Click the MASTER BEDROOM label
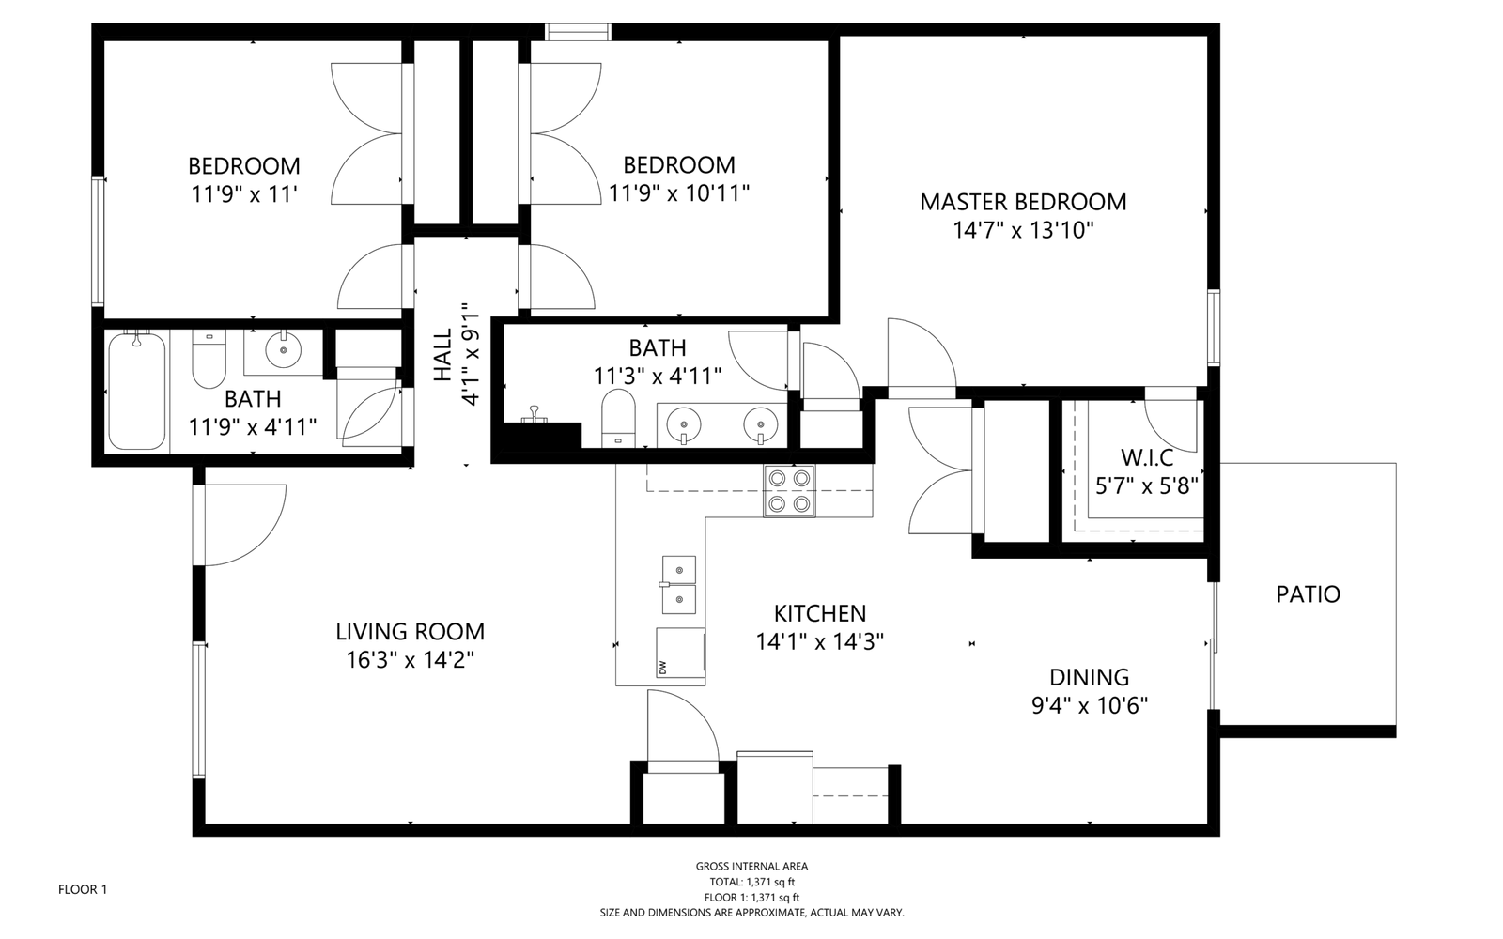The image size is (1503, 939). (x=1023, y=202)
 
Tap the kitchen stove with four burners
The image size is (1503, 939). (x=789, y=491)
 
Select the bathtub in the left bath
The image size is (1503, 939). (x=137, y=391)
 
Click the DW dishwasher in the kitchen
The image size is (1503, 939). (x=680, y=652)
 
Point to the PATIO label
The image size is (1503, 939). (x=1308, y=594)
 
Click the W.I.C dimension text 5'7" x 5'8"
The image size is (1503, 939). (x=1147, y=486)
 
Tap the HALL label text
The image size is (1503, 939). (x=442, y=355)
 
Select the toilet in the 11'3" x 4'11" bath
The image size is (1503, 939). (x=618, y=417)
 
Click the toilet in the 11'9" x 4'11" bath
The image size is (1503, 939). (x=209, y=360)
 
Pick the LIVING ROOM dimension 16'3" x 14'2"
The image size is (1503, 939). (x=410, y=660)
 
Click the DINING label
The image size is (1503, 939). (x=1089, y=677)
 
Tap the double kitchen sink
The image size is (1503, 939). (x=678, y=584)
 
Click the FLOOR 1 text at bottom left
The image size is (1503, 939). (x=83, y=889)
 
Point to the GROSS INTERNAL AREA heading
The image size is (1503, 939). (x=751, y=867)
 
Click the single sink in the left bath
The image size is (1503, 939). (x=283, y=350)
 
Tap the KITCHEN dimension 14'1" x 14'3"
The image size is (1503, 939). (x=820, y=642)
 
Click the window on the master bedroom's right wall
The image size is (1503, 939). (x=1213, y=328)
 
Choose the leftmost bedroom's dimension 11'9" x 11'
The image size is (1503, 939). (x=244, y=194)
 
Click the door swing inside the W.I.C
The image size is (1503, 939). (x=1170, y=423)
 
